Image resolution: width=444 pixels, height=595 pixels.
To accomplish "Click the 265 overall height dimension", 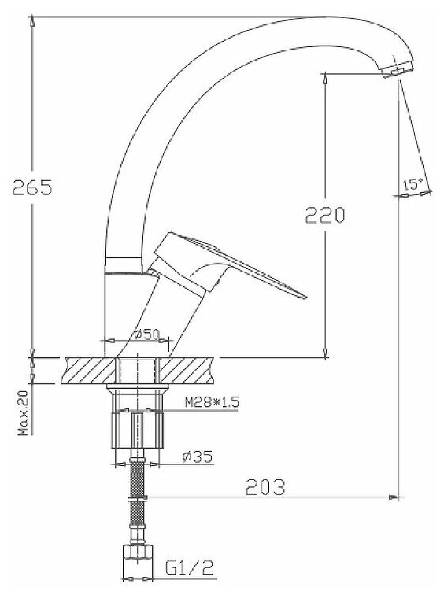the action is (x=32, y=187).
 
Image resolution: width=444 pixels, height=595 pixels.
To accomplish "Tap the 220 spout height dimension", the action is (x=325, y=215).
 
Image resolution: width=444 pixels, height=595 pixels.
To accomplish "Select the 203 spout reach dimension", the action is (x=265, y=487).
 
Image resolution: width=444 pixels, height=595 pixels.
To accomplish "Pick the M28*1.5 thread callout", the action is (x=212, y=402).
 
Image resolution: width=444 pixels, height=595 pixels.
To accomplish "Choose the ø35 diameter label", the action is (x=198, y=456).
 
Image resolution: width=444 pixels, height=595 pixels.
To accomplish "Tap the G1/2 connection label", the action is (x=190, y=567).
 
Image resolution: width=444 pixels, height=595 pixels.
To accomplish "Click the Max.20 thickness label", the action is (x=24, y=413).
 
